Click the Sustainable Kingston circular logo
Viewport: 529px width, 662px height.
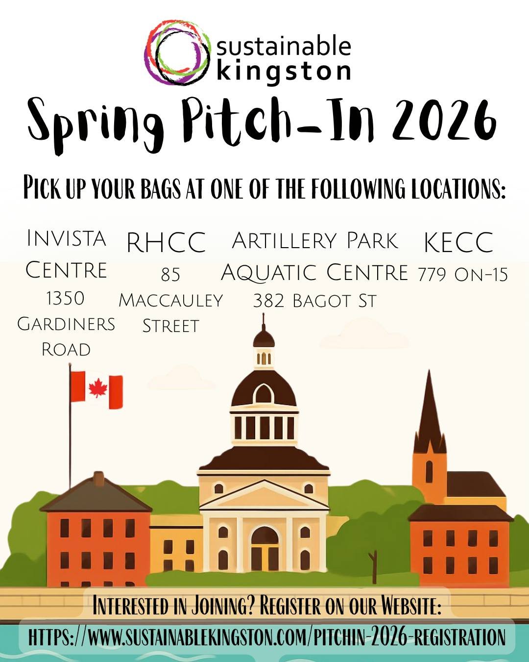(x=177, y=52)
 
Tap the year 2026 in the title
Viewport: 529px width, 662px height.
(x=444, y=119)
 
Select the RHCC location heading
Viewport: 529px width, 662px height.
(x=166, y=242)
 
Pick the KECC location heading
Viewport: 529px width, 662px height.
(x=458, y=242)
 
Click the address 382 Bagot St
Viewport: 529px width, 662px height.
(x=314, y=301)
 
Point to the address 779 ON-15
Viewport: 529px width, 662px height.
(x=462, y=275)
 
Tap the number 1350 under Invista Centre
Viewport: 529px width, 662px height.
(x=65, y=298)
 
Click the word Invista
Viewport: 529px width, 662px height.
(x=67, y=238)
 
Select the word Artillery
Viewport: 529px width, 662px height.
(x=284, y=241)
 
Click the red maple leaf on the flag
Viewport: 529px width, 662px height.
(x=97, y=388)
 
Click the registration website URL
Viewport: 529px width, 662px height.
(x=267, y=637)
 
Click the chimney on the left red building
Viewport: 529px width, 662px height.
(x=99, y=479)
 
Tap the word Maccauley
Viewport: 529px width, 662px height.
(x=170, y=300)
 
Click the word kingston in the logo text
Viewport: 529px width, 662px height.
(x=284, y=71)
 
